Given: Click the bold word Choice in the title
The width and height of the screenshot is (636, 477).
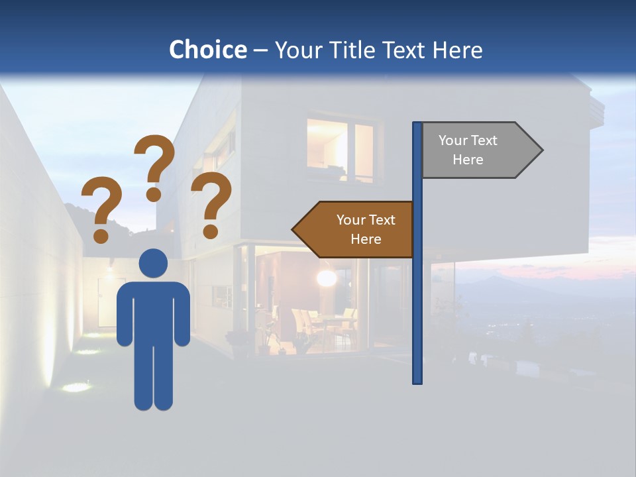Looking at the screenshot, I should (x=207, y=50).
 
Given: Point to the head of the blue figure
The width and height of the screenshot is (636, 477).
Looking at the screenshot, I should (x=154, y=263).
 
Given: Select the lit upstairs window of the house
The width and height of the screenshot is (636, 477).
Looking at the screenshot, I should (x=340, y=150).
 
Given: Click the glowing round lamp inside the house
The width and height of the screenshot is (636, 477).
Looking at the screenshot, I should (x=326, y=278).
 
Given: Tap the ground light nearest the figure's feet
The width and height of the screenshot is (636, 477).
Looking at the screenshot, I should (x=78, y=387).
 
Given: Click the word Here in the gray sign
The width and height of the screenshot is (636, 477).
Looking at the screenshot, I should (x=468, y=160).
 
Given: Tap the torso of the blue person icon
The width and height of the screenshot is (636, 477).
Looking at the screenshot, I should (x=154, y=311).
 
